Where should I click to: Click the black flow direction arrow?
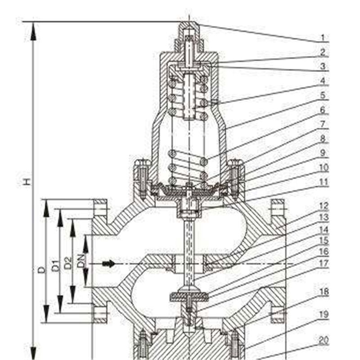click(x=109, y=263)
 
